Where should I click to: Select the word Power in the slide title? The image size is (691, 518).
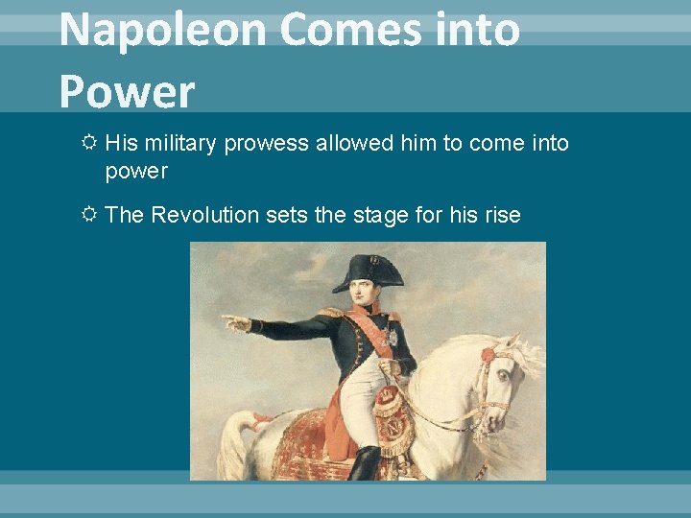127,91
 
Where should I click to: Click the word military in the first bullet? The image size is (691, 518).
180,144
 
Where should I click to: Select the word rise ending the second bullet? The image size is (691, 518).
500,215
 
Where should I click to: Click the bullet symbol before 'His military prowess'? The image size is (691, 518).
88,144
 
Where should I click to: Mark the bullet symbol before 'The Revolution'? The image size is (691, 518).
88,215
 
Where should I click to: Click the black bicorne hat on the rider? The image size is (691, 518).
369,271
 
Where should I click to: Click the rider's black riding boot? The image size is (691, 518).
365,464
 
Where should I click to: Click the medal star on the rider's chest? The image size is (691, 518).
392,338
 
